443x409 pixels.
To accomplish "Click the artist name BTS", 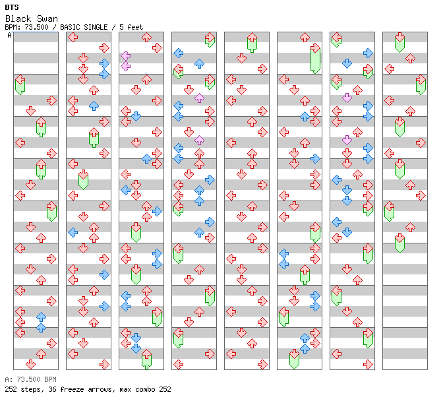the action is point(12,7).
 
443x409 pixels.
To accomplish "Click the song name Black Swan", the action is point(32,18).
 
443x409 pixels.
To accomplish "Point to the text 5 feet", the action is point(131,27).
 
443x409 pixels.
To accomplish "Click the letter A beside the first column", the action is point(9,36).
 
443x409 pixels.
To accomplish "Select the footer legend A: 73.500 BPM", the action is point(30,379).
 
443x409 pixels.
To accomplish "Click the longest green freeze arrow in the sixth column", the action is point(315,59).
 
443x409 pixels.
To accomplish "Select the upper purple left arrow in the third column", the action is point(125,55).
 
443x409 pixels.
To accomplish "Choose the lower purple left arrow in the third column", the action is point(125,67).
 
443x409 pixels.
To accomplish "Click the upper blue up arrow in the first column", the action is point(42,317).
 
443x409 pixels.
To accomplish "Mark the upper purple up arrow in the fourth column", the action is point(200,98).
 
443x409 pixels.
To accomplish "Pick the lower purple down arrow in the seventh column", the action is point(347,140).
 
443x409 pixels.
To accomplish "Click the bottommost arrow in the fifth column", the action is point(263,365).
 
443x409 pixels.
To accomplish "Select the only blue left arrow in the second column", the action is point(73,232).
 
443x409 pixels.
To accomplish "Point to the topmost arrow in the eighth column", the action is point(399,42).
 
